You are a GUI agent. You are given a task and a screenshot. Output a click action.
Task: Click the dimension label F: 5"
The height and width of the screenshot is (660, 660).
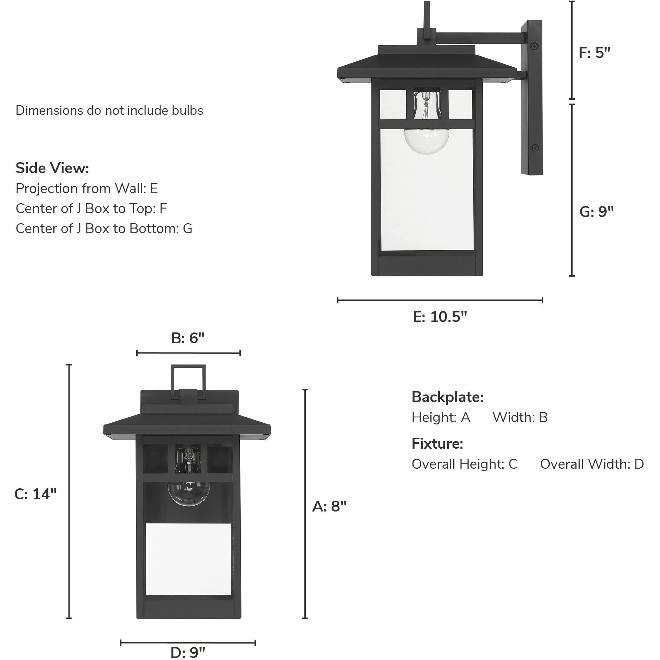(594, 53)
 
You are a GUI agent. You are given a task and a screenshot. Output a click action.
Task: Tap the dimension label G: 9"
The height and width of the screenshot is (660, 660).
(596, 212)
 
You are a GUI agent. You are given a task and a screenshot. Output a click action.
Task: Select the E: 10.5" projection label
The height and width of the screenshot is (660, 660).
(440, 317)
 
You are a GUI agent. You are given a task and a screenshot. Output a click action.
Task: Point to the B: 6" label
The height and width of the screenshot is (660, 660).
(188, 338)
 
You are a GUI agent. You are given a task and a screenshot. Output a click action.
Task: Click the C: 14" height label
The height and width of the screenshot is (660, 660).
(35, 494)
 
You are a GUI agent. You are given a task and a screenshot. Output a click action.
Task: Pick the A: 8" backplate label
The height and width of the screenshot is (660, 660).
(329, 506)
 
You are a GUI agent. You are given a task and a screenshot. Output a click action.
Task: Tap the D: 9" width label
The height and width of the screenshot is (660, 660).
(188, 653)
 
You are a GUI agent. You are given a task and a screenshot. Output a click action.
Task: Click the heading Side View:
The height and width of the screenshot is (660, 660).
(52, 168)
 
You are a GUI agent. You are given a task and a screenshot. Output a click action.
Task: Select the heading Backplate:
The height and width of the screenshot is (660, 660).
(448, 397)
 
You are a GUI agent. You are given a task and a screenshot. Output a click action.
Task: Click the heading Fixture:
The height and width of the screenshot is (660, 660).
(437, 444)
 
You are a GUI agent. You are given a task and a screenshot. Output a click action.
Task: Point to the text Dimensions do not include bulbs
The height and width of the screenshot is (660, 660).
(110, 111)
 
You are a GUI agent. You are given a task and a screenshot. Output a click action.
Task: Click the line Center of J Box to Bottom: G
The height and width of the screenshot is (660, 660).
(104, 229)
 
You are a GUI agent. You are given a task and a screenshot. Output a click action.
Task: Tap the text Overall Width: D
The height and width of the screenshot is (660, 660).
(592, 464)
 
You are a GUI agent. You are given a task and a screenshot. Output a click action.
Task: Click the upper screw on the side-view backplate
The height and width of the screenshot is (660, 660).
(535, 45)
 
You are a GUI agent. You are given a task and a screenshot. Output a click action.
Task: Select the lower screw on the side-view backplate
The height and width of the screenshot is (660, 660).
(535, 147)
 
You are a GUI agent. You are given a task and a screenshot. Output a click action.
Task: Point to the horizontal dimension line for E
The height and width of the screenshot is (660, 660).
(440, 300)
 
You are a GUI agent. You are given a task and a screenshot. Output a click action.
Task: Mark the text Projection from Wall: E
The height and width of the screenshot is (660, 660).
(87, 189)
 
